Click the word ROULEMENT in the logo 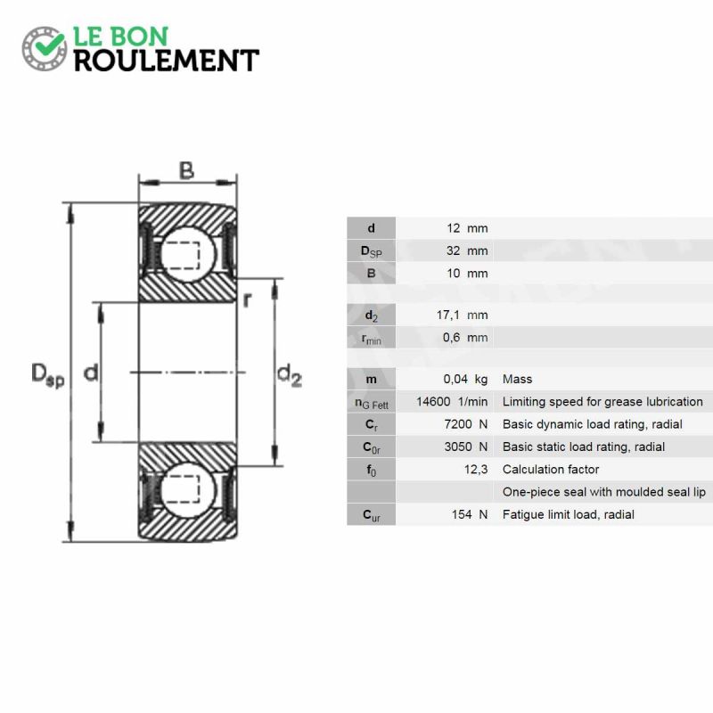click(x=167, y=61)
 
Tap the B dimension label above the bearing click(x=187, y=171)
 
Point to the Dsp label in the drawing click(x=48, y=375)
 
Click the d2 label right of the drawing click(x=290, y=375)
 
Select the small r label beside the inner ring click(x=247, y=299)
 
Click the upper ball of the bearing click(x=188, y=255)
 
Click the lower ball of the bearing click(x=188, y=490)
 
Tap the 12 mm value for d click(x=467, y=228)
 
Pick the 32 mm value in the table click(x=467, y=250)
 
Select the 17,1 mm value click(x=463, y=315)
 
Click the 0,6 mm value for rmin click(x=465, y=338)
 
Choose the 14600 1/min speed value click(x=452, y=402)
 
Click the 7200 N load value click(x=466, y=424)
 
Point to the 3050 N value click(x=466, y=447)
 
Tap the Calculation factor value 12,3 click(x=476, y=470)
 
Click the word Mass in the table click(x=517, y=379)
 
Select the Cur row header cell click(x=371, y=515)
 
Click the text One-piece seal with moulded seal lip click(x=604, y=492)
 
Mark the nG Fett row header click(x=371, y=402)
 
